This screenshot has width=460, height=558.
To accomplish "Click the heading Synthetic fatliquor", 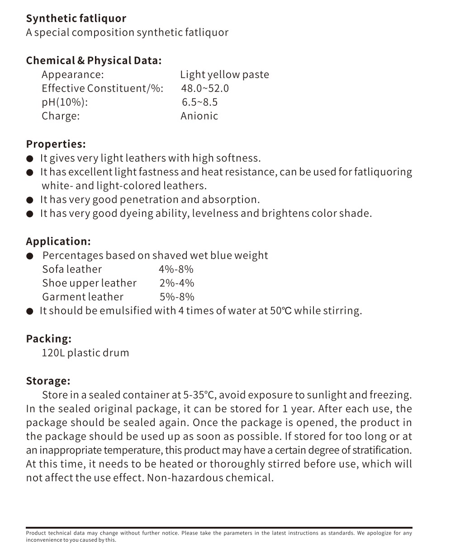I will tap(76, 19).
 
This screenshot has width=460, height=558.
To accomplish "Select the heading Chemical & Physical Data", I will tap(94, 61).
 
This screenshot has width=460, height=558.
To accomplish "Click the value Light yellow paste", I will tap(224, 75).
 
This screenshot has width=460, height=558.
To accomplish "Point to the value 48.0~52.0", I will tap(205, 88).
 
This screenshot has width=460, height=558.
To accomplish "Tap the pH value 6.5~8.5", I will tap(199, 102).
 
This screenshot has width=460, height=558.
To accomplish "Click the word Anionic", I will tap(199, 116).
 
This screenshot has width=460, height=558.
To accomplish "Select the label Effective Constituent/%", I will tap(102, 88).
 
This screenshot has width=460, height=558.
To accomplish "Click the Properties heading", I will tap(56, 144).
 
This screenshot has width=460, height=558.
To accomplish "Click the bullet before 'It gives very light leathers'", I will tap(30, 159).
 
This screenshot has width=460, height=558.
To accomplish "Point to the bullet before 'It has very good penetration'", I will tap(30, 200).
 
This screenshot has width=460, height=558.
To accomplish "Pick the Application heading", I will tap(58, 241).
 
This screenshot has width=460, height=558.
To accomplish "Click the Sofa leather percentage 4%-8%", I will tap(176, 269).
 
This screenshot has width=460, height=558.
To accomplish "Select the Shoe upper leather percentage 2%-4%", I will tap(176, 283).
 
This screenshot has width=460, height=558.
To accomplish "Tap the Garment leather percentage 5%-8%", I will tap(177, 297).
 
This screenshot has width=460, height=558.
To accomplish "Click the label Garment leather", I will tap(83, 297).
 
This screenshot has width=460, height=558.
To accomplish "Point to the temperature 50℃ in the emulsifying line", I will tap(280, 311).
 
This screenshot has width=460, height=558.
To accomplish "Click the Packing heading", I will tap(48, 339).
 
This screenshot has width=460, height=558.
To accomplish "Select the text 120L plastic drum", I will tap(85, 353).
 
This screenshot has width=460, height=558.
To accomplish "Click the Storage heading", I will tap(48, 381).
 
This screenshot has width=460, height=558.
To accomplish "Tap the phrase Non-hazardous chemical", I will tap(210, 478).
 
